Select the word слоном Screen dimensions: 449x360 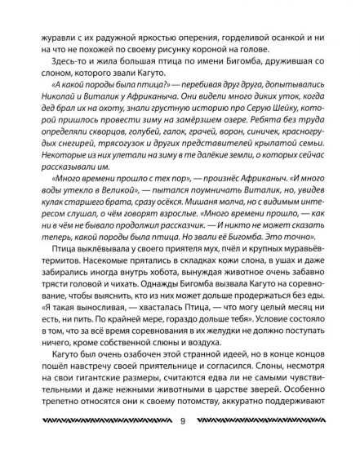click(x=50, y=65)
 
